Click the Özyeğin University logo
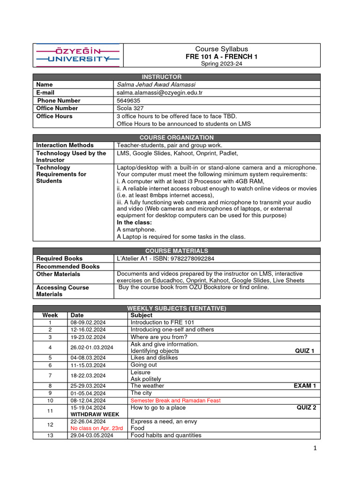77,55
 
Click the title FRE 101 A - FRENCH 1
222,57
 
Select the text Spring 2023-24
222,64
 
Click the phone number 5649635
128,100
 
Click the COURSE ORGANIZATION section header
176,138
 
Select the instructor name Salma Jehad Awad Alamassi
156,85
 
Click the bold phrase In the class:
134,222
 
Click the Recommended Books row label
68,266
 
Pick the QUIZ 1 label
305,351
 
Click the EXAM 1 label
305,386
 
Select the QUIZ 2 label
306,407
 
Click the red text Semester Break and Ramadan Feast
175,400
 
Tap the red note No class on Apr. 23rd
97,428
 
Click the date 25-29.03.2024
88,386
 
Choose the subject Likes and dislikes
154,358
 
